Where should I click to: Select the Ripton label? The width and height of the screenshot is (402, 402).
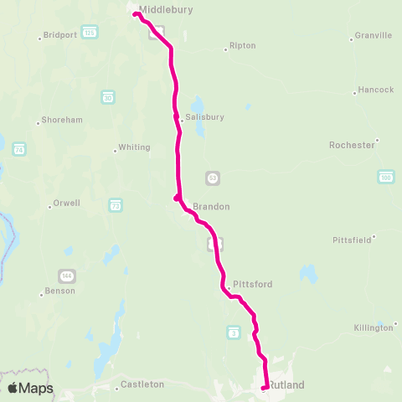click(x=242, y=46)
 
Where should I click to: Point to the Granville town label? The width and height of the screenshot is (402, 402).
click(x=374, y=36)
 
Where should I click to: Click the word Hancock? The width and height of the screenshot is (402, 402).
click(x=375, y=90)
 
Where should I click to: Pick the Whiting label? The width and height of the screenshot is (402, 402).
click(x=134, y=147)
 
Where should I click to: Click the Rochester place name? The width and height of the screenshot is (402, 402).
click(x=352, y=145)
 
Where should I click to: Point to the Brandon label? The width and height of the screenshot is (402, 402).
click(x=211, y=206)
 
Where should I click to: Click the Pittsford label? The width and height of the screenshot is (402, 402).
click(x=252, y=285)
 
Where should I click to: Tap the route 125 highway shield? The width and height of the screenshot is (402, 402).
click(x=90, y=31)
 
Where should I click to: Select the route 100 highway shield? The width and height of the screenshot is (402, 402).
click(x=385, y=177)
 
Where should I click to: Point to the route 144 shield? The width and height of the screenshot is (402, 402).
click(x=66, y=275)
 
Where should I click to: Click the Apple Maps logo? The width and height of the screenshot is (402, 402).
click(x=30, y=388)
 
